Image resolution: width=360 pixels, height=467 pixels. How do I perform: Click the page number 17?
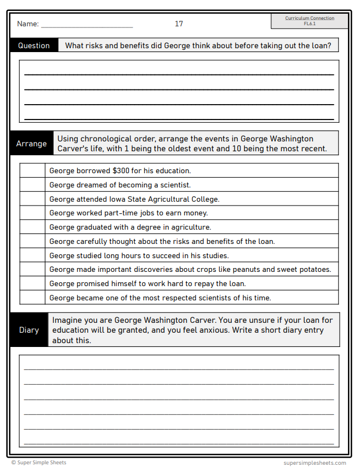179,24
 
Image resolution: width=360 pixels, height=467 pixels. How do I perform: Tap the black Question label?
33,45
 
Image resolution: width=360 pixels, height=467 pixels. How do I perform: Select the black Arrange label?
31,144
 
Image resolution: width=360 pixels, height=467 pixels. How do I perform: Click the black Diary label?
29,330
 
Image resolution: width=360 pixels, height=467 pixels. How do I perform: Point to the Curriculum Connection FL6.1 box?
310,21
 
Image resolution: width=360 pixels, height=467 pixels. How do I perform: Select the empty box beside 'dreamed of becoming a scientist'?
32,185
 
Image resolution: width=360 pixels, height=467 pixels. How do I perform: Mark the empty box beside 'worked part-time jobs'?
32,213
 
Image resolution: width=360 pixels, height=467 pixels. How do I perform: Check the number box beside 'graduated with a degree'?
32,227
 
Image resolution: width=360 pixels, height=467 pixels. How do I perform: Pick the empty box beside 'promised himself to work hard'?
32,284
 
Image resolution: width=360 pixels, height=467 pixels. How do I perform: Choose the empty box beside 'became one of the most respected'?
32,298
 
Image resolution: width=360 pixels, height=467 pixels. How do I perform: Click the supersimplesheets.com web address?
315,463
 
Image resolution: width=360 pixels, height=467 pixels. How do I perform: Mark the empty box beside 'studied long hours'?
32,255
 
